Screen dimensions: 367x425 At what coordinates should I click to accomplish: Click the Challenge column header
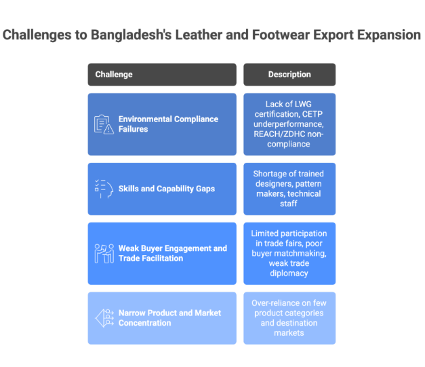coord(161,74)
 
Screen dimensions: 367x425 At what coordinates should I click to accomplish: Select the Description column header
coord(289,74)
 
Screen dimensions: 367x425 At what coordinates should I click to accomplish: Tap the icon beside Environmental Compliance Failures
coord(104,124)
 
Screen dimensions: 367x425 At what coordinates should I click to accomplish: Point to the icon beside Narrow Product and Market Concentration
coord(104,318)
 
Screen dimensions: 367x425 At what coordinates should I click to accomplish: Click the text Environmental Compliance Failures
coord(168,124)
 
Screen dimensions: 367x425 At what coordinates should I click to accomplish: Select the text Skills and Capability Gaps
coord(166,189)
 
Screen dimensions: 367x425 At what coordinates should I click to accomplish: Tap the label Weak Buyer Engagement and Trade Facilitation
coord(172,253)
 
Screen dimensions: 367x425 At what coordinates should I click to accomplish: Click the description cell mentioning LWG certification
coord(289,124)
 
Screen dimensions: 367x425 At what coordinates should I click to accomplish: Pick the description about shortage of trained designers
coord(289,189)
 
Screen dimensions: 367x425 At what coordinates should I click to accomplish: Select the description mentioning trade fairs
coord(289,253)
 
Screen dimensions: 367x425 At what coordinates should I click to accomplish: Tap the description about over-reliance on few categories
coord(289,318)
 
